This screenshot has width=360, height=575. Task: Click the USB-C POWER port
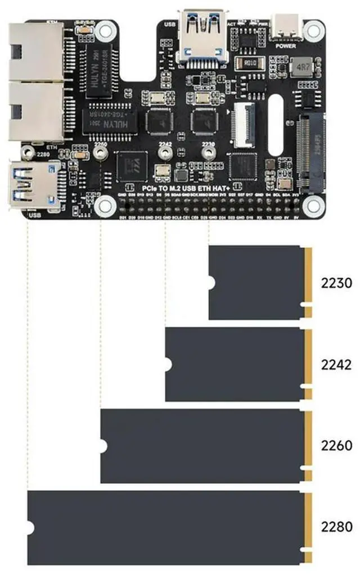(286, 26)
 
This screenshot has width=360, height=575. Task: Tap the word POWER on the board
(286, 47)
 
